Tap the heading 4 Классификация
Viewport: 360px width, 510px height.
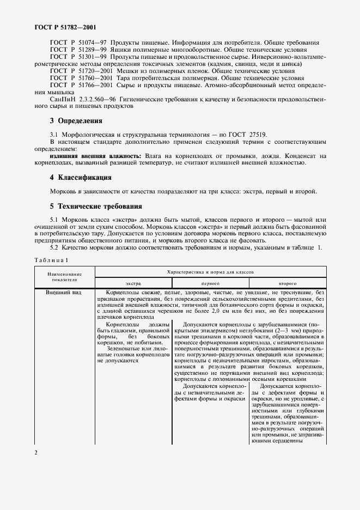coord(81,178)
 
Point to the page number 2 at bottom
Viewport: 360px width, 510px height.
coord(35,452)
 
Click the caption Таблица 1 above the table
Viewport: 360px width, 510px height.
coord(48,260)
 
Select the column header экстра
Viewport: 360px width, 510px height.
coord(133,284)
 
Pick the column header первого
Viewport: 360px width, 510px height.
coord(210,284)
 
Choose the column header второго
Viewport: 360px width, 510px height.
coord(288,284)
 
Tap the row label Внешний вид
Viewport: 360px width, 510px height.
coord(49,293)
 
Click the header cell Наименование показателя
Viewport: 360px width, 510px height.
coord(64,276)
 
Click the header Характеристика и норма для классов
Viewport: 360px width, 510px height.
coord(210,271)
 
